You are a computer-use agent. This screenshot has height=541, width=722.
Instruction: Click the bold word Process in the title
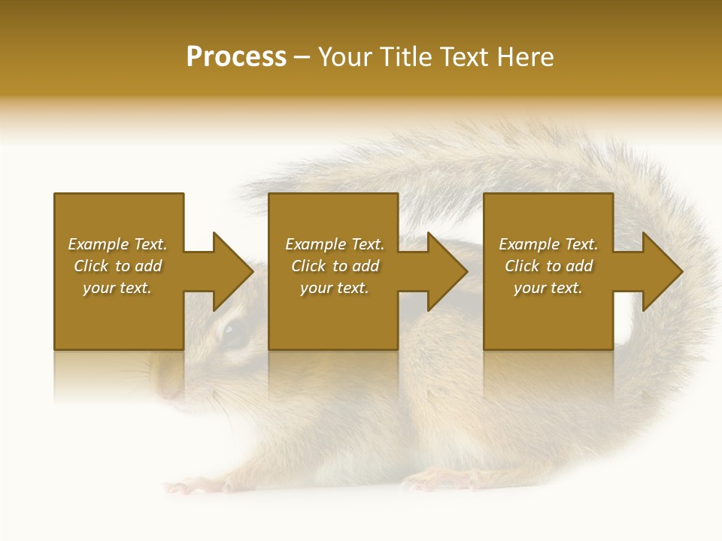coord(236,57)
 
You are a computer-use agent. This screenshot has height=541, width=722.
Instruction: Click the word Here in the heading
coord(524,57)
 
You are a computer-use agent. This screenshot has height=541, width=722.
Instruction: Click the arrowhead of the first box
coord(233,271)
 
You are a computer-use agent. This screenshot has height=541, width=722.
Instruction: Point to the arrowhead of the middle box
coord(447,271)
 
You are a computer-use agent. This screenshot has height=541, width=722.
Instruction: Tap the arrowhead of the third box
coord(663,271)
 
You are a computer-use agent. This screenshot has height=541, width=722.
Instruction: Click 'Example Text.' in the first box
coord(117,244)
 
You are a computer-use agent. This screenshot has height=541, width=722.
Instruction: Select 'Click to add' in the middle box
coord(335,266)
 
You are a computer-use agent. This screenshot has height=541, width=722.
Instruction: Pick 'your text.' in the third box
coord(548,288)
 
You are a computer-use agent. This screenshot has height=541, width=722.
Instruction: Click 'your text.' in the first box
coord(117,288)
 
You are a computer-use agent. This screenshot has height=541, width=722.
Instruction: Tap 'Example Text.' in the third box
coord(548,244)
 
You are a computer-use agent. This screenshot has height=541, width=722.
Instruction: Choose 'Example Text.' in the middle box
coord(335,244)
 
